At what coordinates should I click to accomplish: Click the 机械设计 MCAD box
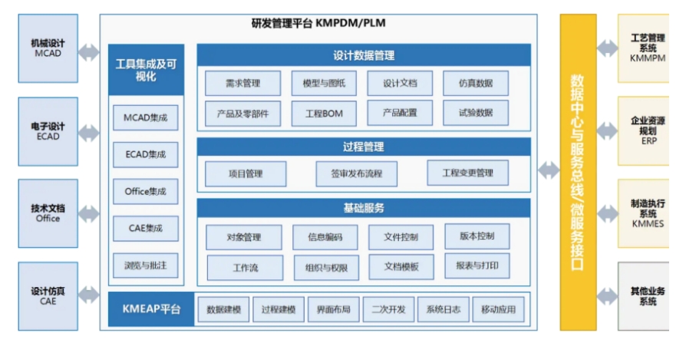click(x=48, y=48)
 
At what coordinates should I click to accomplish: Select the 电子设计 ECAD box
click(x=48, y=131)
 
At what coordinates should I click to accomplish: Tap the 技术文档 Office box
click(x=48, y=213)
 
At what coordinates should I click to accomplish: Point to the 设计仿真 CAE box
click(x=48, y=296)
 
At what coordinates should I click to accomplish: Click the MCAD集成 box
click(x=146, y=117)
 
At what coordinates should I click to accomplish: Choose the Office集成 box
click(x=146, y=191)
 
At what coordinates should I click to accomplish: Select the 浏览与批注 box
click(x=146, y=265)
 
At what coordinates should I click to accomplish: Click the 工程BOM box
click(x=324, y=114)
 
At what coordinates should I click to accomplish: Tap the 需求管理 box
click(x=242, y=83)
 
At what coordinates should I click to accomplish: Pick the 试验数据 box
click(x=476, y=113)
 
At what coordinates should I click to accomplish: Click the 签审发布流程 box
click(x=357, y=173)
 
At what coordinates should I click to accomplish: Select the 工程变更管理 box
click(x=467, y=173)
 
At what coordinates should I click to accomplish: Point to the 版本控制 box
click(x=477, y=236)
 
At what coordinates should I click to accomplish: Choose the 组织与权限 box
click(x=326, y=268)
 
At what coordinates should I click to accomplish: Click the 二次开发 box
click(x=388, y=309)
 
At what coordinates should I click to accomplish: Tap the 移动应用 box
click(x=498, y=309)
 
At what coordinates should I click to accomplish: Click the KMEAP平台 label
click(x=151, y=309)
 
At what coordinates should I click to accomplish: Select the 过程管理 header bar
click(x=364, y=147)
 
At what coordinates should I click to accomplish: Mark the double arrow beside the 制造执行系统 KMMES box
click(x=607, y=213)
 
